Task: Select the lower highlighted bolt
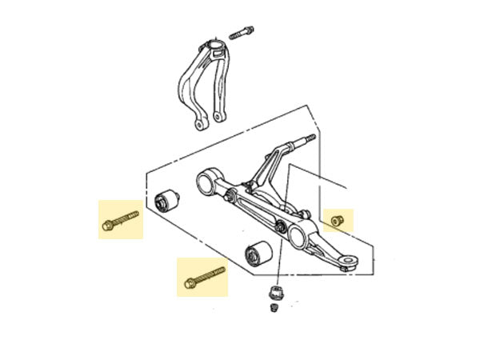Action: tap(205, 276)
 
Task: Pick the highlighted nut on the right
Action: tap(338, 218)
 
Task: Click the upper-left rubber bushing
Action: tap(167, 201)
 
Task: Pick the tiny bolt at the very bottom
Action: tap(274, 307)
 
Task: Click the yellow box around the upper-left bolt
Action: tap(120, 218)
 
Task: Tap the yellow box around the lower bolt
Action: tap(202, 277)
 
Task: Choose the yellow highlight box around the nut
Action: tap(338, 218)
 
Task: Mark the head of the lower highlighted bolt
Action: tap(190, 282)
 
